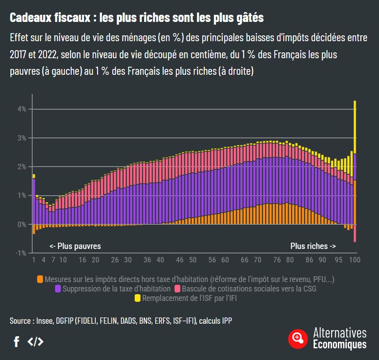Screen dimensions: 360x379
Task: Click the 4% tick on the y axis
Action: pyautogui.click(x=22, y=109)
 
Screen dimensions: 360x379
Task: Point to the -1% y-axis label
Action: pyautogui.click(x=21, y=253)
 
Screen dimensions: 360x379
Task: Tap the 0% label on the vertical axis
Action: pyautogui.click(x=22, y=224)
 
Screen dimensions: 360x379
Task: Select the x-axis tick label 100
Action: pyautogui.click(x=354, y=260)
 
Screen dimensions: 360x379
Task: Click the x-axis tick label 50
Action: pyautogui.click(x=192, y=260)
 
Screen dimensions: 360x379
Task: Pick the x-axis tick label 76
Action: pyautogui.click(x=277, y=260)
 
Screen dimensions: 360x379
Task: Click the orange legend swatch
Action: pyautogui.click(x=40, y=279)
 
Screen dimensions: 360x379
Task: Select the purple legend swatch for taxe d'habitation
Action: pyautogui.click(x=58, y=289)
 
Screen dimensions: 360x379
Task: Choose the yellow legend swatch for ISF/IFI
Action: pyautogui.click(x=137, y=298)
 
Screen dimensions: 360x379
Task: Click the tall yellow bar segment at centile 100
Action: pyautogui.click(x=355, y=125)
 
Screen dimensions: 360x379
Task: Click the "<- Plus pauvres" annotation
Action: pyautogui.click(x=75, y=246)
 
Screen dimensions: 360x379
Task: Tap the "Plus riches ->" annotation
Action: pyautogui.click(x=313, y=246)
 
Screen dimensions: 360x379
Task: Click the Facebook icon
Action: pyautogui.click(x=17, y=342)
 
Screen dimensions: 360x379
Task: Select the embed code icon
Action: pyautogui.click(x=35, y=342)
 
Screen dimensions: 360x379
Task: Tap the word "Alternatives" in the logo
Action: pyautogui.click(x=340, y=333)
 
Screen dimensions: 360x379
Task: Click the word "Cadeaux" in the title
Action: pyautogui.click(x=30, y=18)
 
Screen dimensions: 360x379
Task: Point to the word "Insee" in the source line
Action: pyautogui.click(x=44, y=321)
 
